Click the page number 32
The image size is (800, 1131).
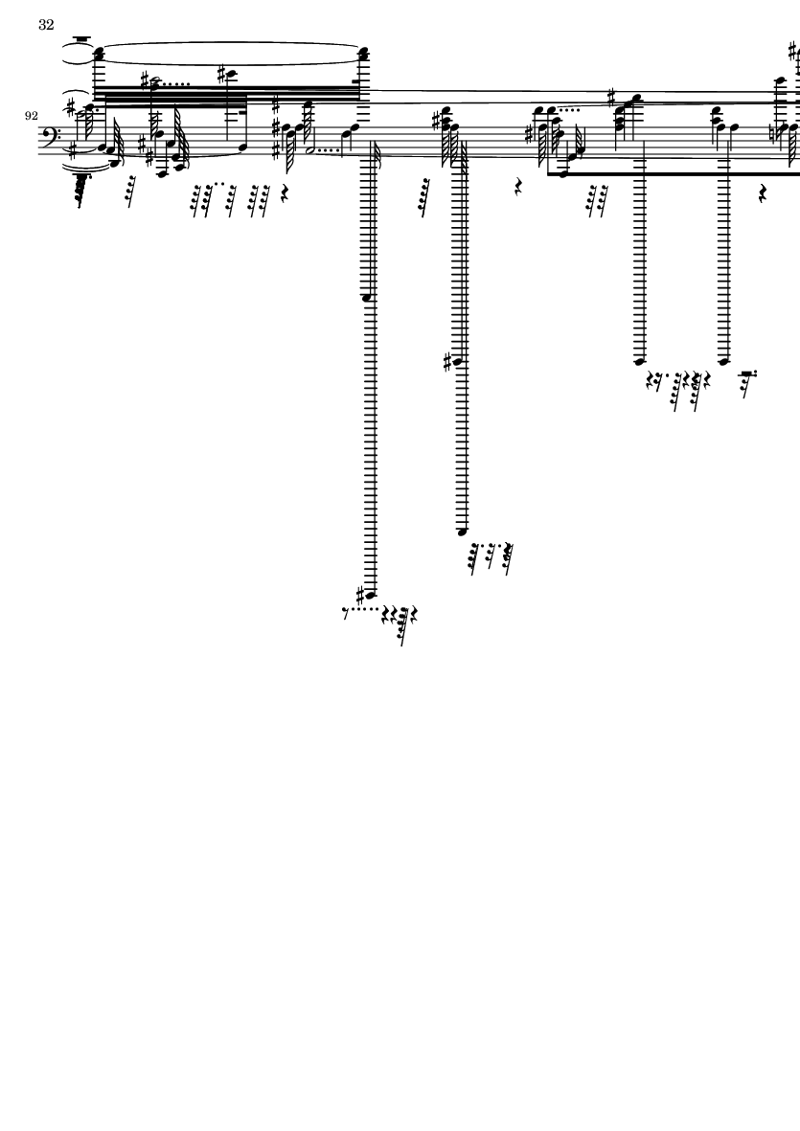tap(46, 25)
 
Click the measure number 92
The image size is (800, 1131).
tap(31, 116)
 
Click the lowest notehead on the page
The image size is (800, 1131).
tap(371, 595)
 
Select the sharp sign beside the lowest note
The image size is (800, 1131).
tap(360, 595)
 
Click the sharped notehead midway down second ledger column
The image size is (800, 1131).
tap(457, 361)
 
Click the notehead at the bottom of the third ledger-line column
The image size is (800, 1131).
tap(639, 361)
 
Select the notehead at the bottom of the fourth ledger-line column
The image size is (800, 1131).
tap(724, 361)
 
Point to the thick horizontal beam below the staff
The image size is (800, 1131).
tap(674, 174)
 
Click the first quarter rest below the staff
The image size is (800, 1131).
tap(285, 193)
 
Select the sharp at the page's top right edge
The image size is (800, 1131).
tap(792, 51)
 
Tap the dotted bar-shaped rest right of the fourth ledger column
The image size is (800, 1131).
tap(747, 373)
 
